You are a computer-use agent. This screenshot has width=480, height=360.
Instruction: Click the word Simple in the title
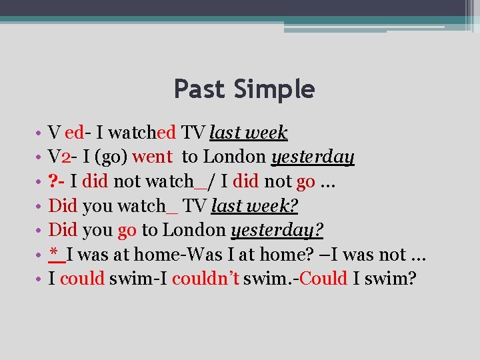point(273,89)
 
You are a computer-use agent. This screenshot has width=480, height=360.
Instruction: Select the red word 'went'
point(153,157)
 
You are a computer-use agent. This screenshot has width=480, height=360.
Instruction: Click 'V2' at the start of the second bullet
point(61,157)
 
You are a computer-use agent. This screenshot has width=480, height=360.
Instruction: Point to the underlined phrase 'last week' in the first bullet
point(248,133)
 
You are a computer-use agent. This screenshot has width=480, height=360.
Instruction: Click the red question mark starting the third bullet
point(53,181)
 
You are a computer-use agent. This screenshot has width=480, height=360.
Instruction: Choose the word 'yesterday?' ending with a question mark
point(277,231)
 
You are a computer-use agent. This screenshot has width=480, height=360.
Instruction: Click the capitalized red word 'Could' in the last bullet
point(323,278)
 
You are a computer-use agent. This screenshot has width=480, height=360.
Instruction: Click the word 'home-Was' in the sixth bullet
point(176,254)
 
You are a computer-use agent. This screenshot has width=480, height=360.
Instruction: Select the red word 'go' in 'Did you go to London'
point(127,231)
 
